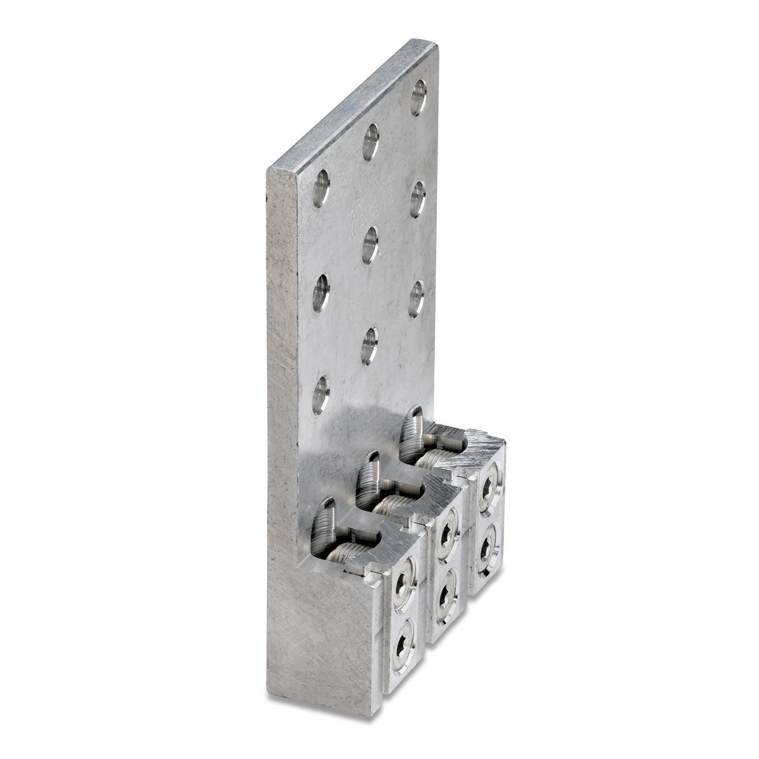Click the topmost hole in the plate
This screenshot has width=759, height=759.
(418, 97)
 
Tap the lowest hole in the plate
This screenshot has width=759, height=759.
(320, 395)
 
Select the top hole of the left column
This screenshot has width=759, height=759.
(321, 187)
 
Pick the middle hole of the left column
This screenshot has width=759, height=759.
(320, 292)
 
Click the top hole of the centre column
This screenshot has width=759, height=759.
(370, 141)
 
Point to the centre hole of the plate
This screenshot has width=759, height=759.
(370, 244)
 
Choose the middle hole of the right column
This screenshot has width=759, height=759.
(417, 199)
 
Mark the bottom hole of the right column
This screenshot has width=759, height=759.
(416, 298)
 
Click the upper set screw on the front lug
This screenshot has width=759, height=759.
(402, 584)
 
